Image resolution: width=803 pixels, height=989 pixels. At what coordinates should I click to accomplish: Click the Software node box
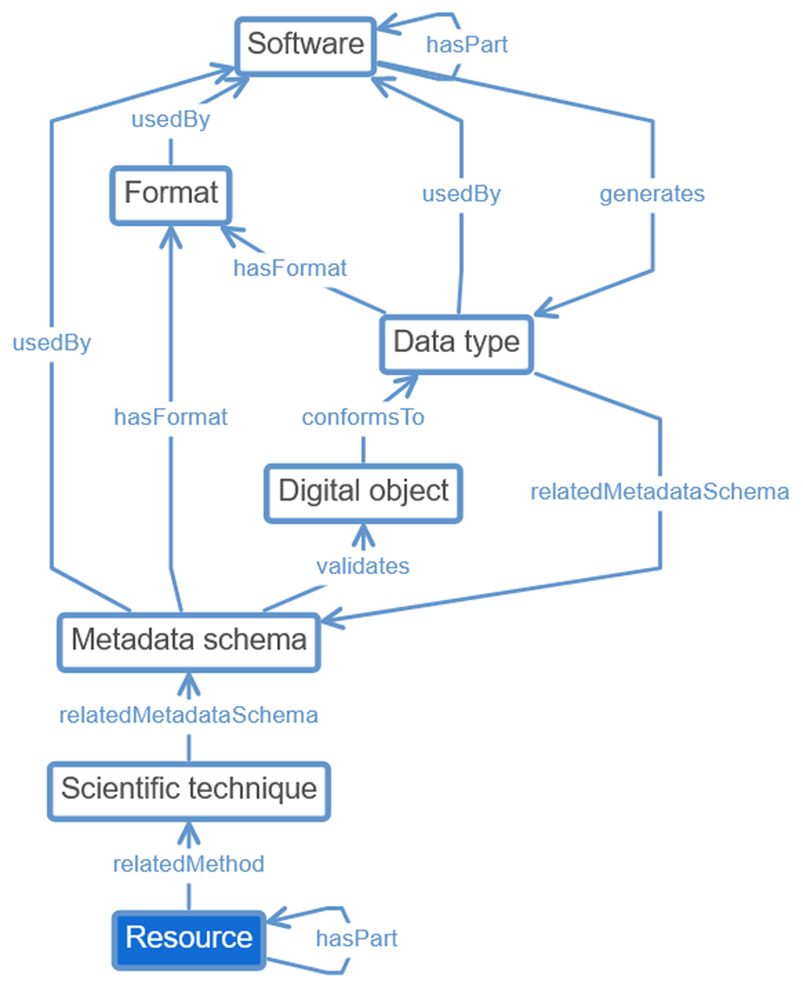(305, 45)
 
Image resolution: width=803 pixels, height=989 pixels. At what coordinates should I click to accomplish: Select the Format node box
(171, 194)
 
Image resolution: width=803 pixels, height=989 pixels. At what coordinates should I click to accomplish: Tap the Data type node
(456, 343)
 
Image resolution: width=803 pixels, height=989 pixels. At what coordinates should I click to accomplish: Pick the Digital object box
(363, 492)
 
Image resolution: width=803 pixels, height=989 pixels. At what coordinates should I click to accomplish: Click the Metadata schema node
(189, 640)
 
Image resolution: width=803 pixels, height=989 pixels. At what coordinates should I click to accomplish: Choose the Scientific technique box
(189, 790)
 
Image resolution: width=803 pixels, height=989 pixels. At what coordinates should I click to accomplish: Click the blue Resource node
(189, 938)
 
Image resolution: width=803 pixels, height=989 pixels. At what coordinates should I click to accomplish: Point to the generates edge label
(652, 194)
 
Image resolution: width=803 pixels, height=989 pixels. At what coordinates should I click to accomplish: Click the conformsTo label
(363, 418)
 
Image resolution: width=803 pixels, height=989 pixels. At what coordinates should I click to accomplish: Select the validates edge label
(363, 567)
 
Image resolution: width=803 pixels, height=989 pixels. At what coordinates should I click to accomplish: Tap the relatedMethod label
(188, 865)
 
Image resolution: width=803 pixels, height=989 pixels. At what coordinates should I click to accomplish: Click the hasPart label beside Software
(466, 45)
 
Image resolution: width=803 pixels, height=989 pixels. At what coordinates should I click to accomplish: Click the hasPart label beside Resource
(356, 939)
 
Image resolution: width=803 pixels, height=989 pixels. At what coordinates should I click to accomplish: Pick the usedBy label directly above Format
(171, 120)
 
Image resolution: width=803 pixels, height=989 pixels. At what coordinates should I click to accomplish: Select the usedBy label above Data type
(461, 194)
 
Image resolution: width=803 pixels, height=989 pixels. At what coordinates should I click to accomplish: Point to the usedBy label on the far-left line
(52, 343)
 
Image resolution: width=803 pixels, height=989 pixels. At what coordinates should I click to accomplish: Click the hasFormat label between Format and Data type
(290, 268)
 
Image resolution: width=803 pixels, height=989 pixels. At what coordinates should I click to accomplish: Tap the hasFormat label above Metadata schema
(171, 418)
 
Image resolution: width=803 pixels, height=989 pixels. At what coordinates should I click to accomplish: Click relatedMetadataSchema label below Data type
(660, 492)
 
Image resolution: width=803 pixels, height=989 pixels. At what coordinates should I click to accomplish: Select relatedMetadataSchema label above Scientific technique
(188, 715)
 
